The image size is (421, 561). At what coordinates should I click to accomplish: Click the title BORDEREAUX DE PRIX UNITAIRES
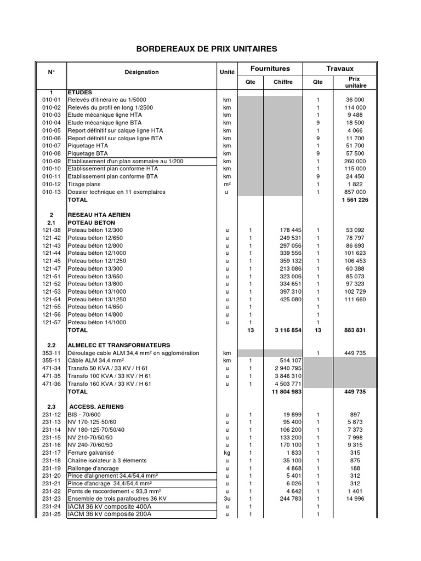[207, 49]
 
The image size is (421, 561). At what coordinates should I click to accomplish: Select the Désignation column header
[141, 72]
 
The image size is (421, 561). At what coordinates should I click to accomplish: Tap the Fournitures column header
[270, 68]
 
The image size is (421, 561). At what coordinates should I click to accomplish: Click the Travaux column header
[340, 68]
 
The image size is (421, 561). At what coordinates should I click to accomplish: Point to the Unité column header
[227, 72]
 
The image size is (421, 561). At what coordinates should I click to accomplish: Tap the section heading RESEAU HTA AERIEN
[99, 215]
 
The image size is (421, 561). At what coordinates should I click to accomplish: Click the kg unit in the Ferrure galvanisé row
[227, 453]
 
